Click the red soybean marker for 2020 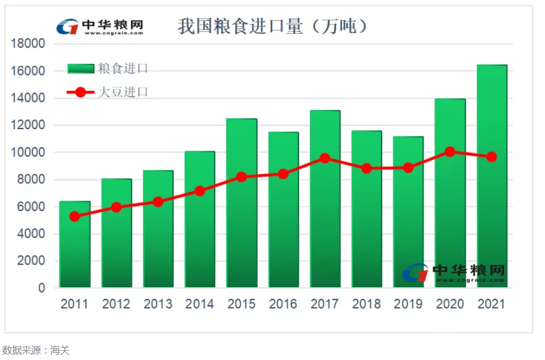tap(450, 152)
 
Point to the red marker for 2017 tap(325, 158)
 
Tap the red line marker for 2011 tap(75, 216)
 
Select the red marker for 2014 tap(200, 191)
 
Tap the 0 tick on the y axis tap(41, 288)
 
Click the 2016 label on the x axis tap(283, 304)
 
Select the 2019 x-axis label tap(408, 304)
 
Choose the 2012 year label tap(116, 304)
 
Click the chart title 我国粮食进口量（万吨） tap(272, 26)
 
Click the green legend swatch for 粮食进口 tap(81, 69)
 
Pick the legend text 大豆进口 tap(123, 92)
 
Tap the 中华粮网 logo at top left tap(99, 27)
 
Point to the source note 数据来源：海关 tap(36, 350)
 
